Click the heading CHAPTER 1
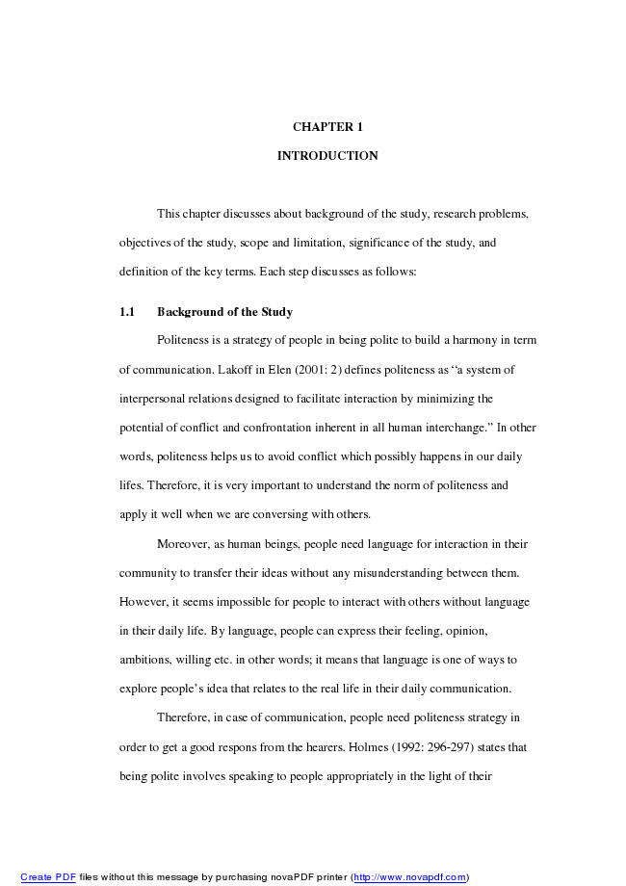(327, 127)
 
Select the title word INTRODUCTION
(327, 156)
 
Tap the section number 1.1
(126, 312)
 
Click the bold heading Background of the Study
(224, 312)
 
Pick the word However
(143, 602)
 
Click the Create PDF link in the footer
(48, 877)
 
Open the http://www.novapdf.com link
(409, 877)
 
